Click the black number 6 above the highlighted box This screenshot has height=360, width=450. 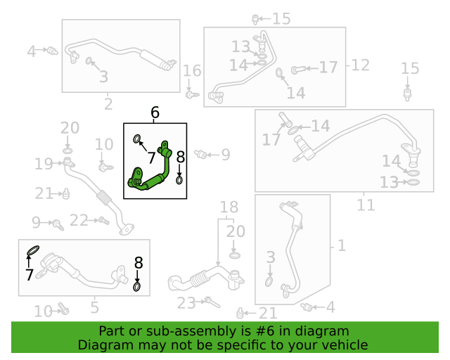[155, 112]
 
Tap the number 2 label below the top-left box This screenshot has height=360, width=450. [108, 104]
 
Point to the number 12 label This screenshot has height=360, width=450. [360, 65]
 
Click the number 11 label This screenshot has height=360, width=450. [366, 205]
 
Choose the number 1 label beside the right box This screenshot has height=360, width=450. [342, 245]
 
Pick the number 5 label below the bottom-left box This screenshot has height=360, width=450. [95, 307]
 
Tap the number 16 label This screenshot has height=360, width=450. [192, 70]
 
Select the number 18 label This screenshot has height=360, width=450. [229, 207]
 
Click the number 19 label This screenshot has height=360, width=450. [44, 164]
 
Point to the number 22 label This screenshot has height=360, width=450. [79, 221]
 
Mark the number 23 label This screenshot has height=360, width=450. [186, 303]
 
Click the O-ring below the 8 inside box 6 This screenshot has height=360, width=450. [179, 181]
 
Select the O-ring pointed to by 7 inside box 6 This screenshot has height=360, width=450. [137, 139]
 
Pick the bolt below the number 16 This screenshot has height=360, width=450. [192, 94]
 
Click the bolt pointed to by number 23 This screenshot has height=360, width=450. [212, 302]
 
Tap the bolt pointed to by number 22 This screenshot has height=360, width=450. [104, 221]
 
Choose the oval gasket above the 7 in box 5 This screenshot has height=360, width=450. [33, 250]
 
